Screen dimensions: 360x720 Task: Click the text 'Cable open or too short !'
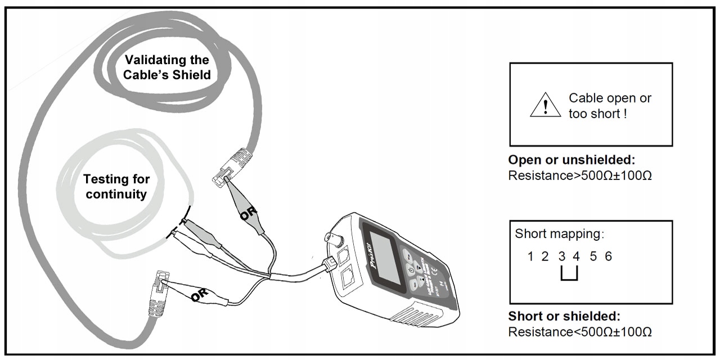click(610, 105)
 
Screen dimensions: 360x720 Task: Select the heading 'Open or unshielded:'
click(571, 159)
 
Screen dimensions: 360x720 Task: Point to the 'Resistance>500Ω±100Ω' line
click(579, 175)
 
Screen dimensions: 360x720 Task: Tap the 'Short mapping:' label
click(559, 233)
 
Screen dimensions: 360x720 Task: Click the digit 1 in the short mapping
click(530, 257)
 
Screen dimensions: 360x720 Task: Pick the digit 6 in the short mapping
click(608, 257)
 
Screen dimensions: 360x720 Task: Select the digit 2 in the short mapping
click(544, 257)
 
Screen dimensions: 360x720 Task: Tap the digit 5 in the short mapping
click(593, 257)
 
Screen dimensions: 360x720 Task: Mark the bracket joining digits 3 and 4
click(569, 275)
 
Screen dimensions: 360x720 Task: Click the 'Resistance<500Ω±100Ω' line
click(579, 331)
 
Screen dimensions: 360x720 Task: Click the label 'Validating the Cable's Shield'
click(166, 67)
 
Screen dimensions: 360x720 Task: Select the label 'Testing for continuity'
click(116, 187)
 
